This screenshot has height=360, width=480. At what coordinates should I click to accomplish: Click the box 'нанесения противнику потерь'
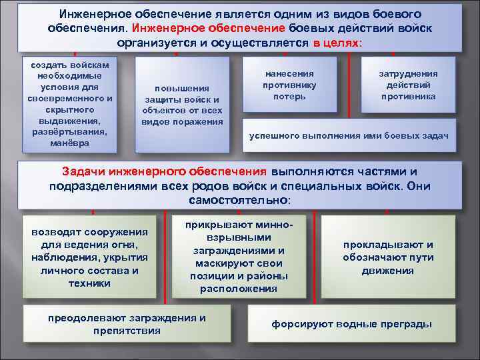(x=289, y=85)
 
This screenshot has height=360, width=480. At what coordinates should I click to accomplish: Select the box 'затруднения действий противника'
(x=408, y=85)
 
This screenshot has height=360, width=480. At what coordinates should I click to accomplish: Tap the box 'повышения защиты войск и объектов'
(x=181, y=104)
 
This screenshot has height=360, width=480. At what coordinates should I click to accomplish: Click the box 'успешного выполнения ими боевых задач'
(x=349, y=136)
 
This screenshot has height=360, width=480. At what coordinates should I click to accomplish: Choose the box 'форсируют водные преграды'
(x=351, y=324)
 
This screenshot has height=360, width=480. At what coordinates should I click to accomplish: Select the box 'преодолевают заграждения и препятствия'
(x=127, y=324)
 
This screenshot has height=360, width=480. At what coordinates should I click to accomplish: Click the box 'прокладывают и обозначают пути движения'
(x=388, y=257)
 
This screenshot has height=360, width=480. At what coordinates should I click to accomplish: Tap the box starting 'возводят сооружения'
(x=89, y=257)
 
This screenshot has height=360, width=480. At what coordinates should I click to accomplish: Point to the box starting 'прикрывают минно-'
(x=238, y=256)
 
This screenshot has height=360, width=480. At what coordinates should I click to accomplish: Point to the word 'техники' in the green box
(x=89, y=283)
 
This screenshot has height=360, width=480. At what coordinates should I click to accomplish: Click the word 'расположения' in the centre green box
(x=238, y=289)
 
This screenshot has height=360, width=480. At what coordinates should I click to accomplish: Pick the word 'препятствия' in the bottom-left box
(x=127, y=330)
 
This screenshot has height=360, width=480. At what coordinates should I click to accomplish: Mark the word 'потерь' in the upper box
(x=289, y=96)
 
